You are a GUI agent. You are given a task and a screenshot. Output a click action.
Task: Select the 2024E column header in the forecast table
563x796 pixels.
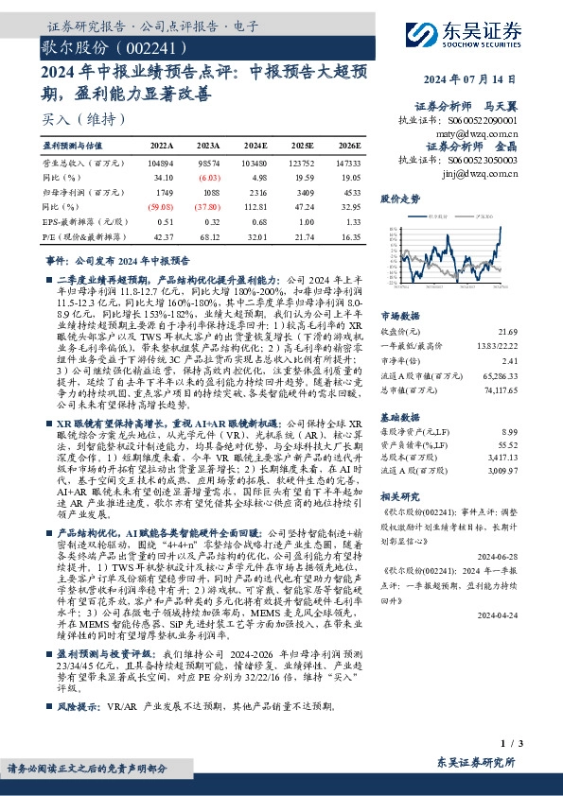pos(255,147)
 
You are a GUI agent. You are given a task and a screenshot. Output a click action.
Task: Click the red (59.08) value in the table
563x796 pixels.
pos(162,203)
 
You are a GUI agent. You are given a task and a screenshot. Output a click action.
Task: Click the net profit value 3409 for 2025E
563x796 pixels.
pos(302,190)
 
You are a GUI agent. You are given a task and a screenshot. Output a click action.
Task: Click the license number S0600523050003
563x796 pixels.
pos(479,161)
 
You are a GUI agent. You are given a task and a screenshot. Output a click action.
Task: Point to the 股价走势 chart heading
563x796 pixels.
pos(399,199)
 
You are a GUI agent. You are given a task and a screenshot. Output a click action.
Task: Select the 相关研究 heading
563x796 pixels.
pos(398,495)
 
